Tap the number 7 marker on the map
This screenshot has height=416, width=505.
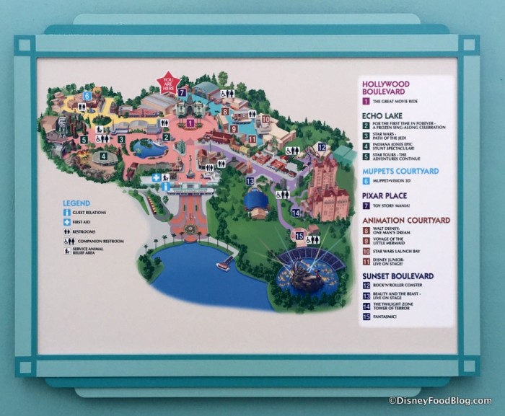pyautogui.click(x=183, y=93)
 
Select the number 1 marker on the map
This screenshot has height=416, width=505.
pyautogui.click(x=190, y=123)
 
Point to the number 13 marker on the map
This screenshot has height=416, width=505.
pyautogui.click(x=250, y=181)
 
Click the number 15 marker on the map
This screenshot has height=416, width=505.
pyautogui.click(x=299, y=236)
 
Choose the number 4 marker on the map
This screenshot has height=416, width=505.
pyautogui.click(x=104, y=156)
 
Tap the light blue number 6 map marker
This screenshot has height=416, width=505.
pyautogui.click(x=87, y=95)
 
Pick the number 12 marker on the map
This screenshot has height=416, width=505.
pyautogui.click(x=322, y=148)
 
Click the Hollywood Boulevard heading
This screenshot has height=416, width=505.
pyautogui.click(x=385, y=88)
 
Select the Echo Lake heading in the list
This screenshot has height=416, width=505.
pyautogui.click(x=382, y=115)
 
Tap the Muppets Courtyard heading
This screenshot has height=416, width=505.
pyautogui.click(x=400, y=172)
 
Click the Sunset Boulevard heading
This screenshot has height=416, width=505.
pyautogui.click(x=398, y=276)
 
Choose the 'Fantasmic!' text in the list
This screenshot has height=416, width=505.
pyautogui.click(x=387, y=315)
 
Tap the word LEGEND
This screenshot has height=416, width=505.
pyautogui.click(x=76, y=203)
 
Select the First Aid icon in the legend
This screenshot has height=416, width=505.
pyautogui.click(x=66, y=222)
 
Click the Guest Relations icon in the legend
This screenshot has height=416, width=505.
pyautogui.click(x=66, y=213)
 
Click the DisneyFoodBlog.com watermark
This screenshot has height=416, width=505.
pyautogui.click(x=439, y=401)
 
